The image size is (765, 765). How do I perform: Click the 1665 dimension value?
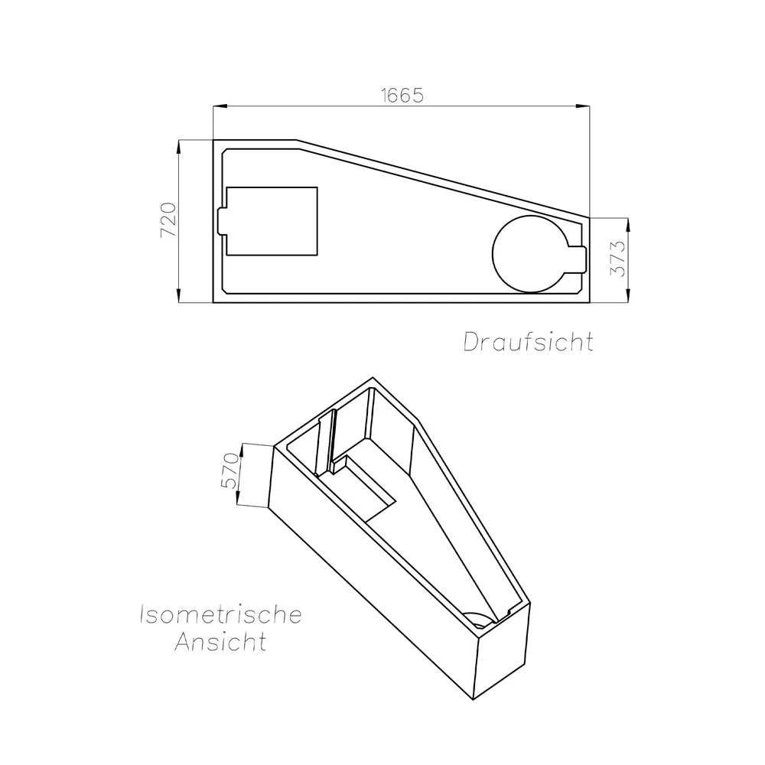(402, 95)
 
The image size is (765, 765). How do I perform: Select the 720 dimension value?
(168, 220)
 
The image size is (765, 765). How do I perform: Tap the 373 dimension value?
(617, 258)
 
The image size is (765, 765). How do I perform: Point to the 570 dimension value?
(229, 470)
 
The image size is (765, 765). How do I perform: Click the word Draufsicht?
(529, 341)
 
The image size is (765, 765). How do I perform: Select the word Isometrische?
(220, 614)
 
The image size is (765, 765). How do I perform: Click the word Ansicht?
(220, 641)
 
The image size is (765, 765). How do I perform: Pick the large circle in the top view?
(493, 254)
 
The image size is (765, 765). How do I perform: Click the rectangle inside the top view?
(317, 221)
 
